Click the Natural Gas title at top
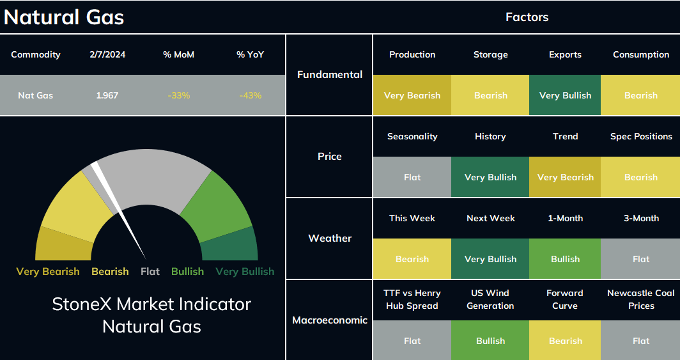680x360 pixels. coord(64,17)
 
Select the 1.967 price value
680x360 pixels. coord(107,95)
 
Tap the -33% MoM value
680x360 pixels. coord(179,95)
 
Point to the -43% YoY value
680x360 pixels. coord(251,95)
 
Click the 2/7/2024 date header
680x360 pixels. coord(107,54)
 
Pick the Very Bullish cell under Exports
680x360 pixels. coord(565,95)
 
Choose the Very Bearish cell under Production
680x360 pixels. coord(412,95)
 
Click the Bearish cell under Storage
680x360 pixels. coord(490,95)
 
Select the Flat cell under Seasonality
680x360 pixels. coord(412,177)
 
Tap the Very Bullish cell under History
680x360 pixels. coord(490,177)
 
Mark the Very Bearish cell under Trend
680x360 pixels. coord(565,177)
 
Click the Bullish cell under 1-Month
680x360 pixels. coord(565,259)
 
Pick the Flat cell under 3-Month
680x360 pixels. coord(640,259)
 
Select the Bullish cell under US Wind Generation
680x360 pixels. coord(490,340)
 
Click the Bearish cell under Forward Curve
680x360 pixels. coord(565,340)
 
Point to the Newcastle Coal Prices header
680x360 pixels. coord(640,299)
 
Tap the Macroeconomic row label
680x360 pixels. coord(330,320)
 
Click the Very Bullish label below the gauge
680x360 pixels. coord(245,272)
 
